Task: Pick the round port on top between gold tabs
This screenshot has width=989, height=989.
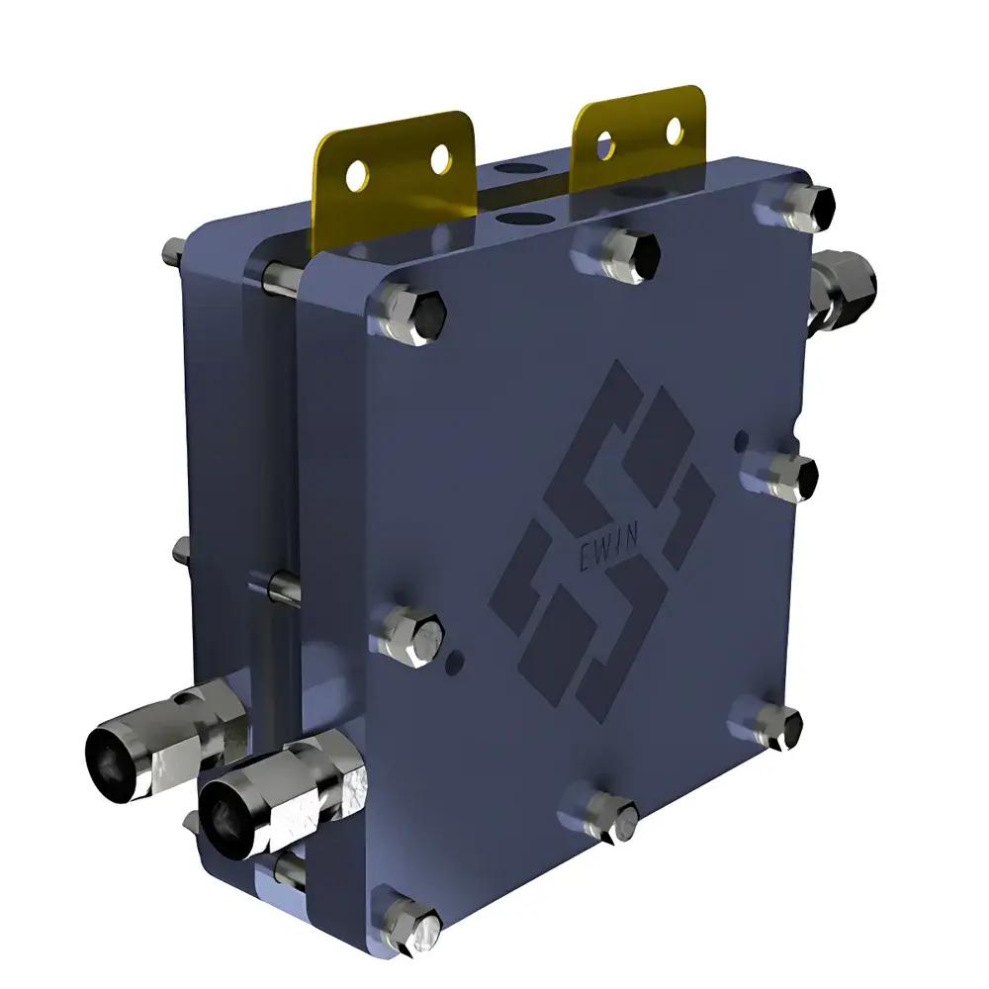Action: [519, 218]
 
